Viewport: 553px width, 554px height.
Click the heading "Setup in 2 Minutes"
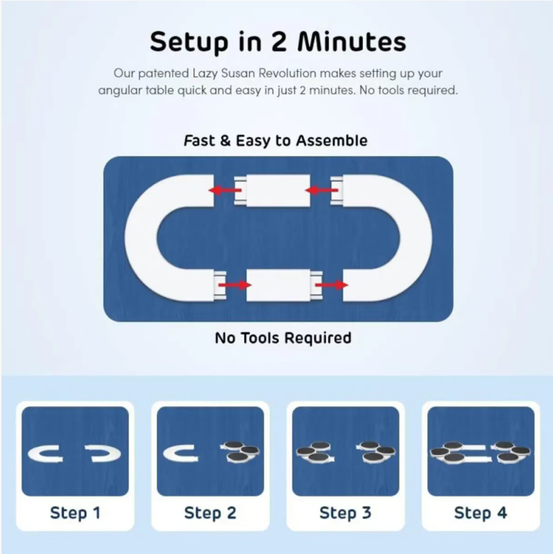click(x=278, y=42)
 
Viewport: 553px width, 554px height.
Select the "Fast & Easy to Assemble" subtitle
click(x=276, y=141)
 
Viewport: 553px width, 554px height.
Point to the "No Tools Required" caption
click(x=283, y=338)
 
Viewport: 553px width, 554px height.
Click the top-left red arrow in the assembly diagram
click(x=225, y=191)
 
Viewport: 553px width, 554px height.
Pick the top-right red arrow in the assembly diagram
click(x=321, y=191)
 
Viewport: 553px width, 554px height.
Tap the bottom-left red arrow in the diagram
click(x=235, y=285)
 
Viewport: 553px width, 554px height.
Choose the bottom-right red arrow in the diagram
click(x=331, y=285)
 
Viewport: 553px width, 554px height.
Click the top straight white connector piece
click(x=272, y=191)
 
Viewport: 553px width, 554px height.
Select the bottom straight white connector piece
click(x=284, y=285)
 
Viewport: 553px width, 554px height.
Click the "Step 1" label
click(x=75, y=513)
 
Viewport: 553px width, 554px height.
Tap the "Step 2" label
click(x=210, y=513)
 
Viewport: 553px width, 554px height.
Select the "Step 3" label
click(x=345, y=513)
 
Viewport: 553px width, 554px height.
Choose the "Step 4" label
click(x=481, y=513)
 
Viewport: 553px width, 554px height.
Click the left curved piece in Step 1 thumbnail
click(x=34, y=453)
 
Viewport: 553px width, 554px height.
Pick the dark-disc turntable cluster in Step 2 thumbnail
click(x=241, y=452)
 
